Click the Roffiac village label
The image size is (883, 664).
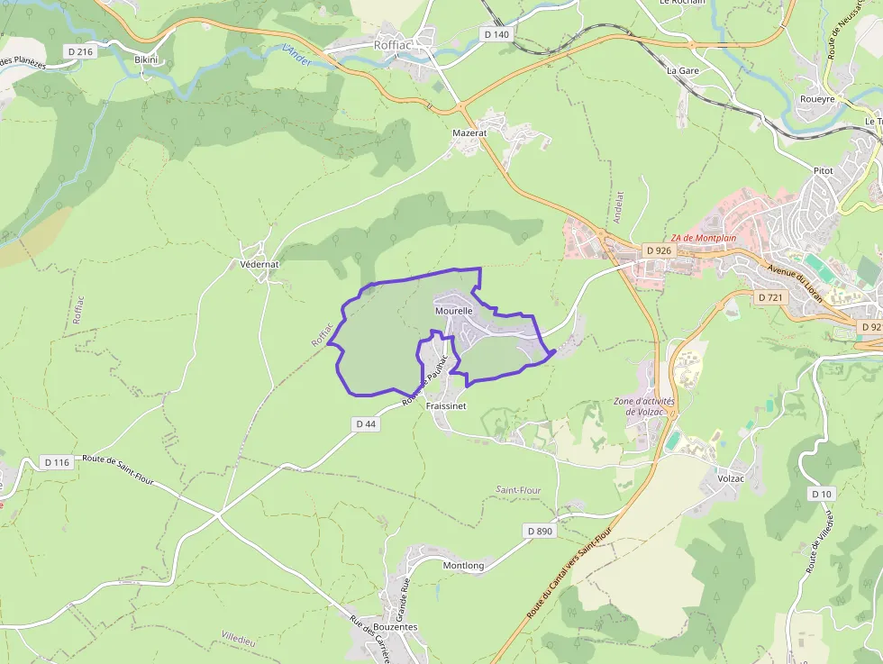click(x=392, y=44)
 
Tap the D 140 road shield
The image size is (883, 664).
click(x=496, y=34)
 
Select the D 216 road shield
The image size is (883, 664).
click(x=80, y=52)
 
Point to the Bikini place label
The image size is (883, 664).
click(x=146, y=59)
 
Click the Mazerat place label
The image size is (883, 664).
click(x=469, y=132)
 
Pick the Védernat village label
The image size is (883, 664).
click(x=260, y=265)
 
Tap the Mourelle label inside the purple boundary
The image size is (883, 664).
click(x=454, y=311)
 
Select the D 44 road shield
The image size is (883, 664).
click(x=366, y=423)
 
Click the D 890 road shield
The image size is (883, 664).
click(x=539, y=532)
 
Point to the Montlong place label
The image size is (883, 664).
click(x=463, y=566)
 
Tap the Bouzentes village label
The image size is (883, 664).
click(x=395, y=627)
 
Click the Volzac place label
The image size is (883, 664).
click(x=731, y=478)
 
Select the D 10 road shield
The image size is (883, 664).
click(x=821, y=494)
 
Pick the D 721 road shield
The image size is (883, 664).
click(x=771, y=297)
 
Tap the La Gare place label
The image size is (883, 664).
click(x=683, y=69)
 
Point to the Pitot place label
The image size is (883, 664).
click(x=823, y=170)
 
